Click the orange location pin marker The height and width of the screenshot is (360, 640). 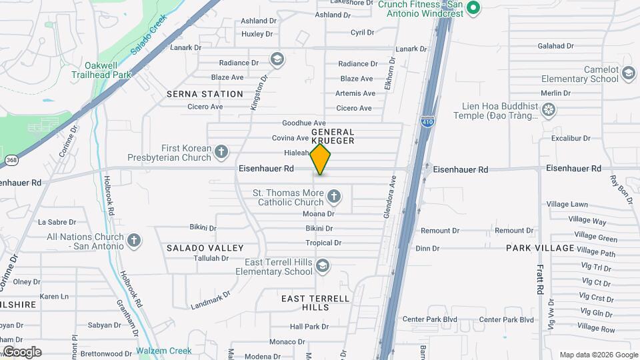pyautogui.click(x=321, y=159)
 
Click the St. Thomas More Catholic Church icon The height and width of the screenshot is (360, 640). pyautogui.click(x=334, y=197)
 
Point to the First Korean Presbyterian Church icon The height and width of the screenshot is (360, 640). pyautogui.click(x=221, y=153)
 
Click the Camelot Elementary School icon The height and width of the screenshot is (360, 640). pyautogui.click(x=628, y=73)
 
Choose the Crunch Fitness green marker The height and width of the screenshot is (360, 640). pyautogui.click(x=473, y=8)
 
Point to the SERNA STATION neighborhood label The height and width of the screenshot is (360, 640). pyautogui.click(x=205, y=94)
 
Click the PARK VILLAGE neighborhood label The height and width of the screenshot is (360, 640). pyautogui.click(x=540, y=248)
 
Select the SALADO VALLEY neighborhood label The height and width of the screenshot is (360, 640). pyautogui.click(x=205, y=248)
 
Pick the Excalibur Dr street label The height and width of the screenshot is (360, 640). pyautogui.click(x=571, y=139)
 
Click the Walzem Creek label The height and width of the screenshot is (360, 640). pyautogui.click(x=164, y=351)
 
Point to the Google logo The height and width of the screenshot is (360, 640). pyautogui.click(x=22, y=352)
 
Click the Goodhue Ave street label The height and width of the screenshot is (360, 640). pyautogui.click(x=303, y=123)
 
